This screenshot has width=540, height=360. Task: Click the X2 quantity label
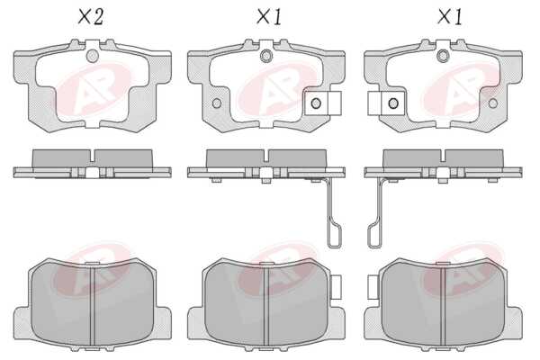point(91,17)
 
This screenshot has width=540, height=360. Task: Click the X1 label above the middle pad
point(269,17)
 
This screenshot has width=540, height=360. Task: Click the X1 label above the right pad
point(450,17)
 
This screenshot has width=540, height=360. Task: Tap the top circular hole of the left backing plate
point(93,56)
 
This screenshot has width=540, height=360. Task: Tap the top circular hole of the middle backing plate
point(266,56)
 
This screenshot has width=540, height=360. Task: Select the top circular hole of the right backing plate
point(443,56)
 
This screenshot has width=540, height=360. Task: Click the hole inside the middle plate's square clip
point(316,103)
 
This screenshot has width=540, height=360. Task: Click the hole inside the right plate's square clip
point(393,103)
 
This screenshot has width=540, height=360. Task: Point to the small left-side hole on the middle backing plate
point(217,103)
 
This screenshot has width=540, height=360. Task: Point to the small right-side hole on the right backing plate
point(493,103)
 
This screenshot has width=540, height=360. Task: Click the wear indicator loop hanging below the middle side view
point(335,235)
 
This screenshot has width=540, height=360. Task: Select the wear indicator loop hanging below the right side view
point(374,235)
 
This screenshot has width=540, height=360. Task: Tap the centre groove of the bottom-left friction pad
point(93,306)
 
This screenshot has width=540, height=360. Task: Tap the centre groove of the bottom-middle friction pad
point(266,306)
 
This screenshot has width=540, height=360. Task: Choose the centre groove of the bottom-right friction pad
point(443,306)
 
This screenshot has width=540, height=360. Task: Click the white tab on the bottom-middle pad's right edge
point(336,286)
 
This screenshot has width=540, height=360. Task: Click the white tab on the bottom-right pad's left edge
point(373,286)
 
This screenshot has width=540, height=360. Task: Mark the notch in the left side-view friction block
point(93,156)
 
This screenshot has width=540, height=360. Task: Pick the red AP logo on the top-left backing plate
point(94,90)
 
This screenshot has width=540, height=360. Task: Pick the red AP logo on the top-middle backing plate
point(277,90)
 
